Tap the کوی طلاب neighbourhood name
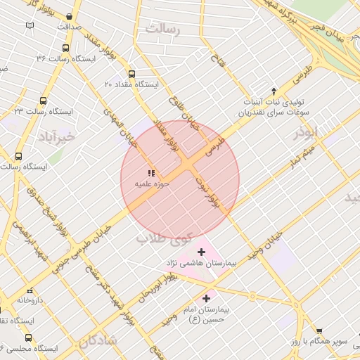click(x=162, y=238)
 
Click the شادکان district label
click(x=96, y=342)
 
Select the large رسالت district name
click(x=162, y=29)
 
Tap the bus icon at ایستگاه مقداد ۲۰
click(x=131, y=73)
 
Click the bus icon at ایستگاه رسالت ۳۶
click(x=65, y=49)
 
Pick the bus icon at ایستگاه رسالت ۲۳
click(x=44, y=101)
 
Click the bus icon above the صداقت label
click(x=68, y=15)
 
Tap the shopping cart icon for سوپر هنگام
click(x=319, y=330)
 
